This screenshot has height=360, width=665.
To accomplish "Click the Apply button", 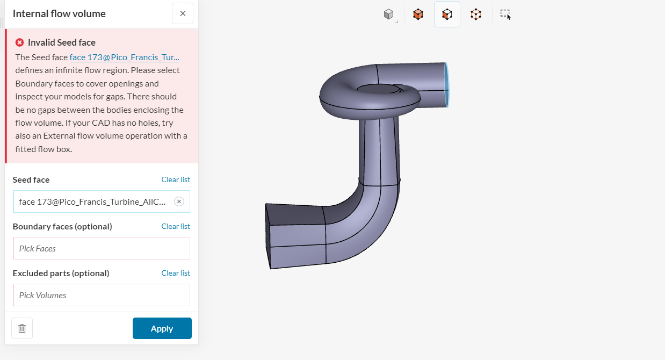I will [x=162, y=328].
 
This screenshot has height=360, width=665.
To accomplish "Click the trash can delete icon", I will [x=22, y=328].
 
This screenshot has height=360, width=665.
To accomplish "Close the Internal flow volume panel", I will [x=183, y=13].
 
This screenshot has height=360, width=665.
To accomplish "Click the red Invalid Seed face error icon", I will [x=20, y=42].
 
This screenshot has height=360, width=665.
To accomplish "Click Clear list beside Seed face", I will [x=176, y=179].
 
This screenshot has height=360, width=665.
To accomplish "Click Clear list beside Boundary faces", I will [x=176, y=226].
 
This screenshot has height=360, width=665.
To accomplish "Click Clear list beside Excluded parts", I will [x=176, y=273].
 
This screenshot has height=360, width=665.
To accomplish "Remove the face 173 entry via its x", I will [x=179, y=201].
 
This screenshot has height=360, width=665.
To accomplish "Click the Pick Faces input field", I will [x=102, y=248].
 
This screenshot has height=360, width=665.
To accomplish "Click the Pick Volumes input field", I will [x=102, y=295].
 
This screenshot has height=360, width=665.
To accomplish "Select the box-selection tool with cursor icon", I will [x=505, y=15].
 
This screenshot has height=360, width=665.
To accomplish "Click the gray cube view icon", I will [x=389, y=15].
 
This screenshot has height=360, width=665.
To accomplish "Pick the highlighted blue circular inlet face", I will [x=447, y=85].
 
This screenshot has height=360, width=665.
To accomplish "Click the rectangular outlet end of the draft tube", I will [x=268, y=236].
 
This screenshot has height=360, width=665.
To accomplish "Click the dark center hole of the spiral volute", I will [x=376, y=89].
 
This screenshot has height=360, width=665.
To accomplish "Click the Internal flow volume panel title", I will [x=59, y=13].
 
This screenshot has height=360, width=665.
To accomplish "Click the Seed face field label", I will [x=31, y=179].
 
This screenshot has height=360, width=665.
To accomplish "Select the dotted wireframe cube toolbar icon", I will [x=476, y=15].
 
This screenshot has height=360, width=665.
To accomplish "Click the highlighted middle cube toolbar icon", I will [x=447, y=15].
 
